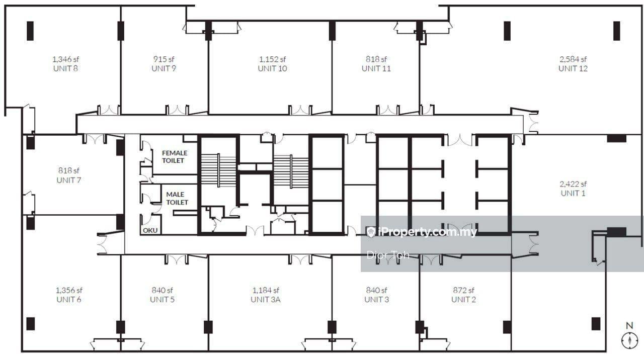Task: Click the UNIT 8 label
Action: point(65,69)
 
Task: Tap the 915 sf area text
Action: point(164,59)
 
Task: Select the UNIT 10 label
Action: point(272,69)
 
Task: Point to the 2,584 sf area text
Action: point(573,59)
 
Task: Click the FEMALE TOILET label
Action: point(175,156)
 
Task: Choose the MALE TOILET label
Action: point(177,198)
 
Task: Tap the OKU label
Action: point(150,230)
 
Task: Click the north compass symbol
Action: point(629,341)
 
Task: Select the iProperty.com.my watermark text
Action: point(428,232)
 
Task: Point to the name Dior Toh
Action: point(388,255)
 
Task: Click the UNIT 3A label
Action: point(265,300)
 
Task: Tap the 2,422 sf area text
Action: point(573,184)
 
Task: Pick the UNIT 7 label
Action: point(69,180)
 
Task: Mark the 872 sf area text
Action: point(463,290)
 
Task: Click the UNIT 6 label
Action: point(69,300)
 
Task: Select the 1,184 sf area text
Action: point(266,290)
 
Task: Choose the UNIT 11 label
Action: point(376,69)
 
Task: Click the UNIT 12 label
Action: point(573,69)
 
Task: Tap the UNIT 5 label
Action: point(162,300)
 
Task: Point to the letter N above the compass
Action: point(629,325)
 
